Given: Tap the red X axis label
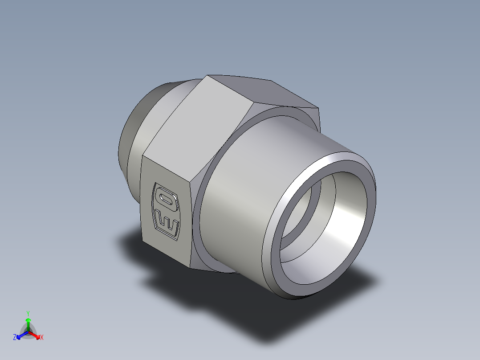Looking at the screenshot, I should tap(42, 337).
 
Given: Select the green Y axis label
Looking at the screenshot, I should tap(28, 313).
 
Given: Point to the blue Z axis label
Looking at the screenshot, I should tap(15, 337).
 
